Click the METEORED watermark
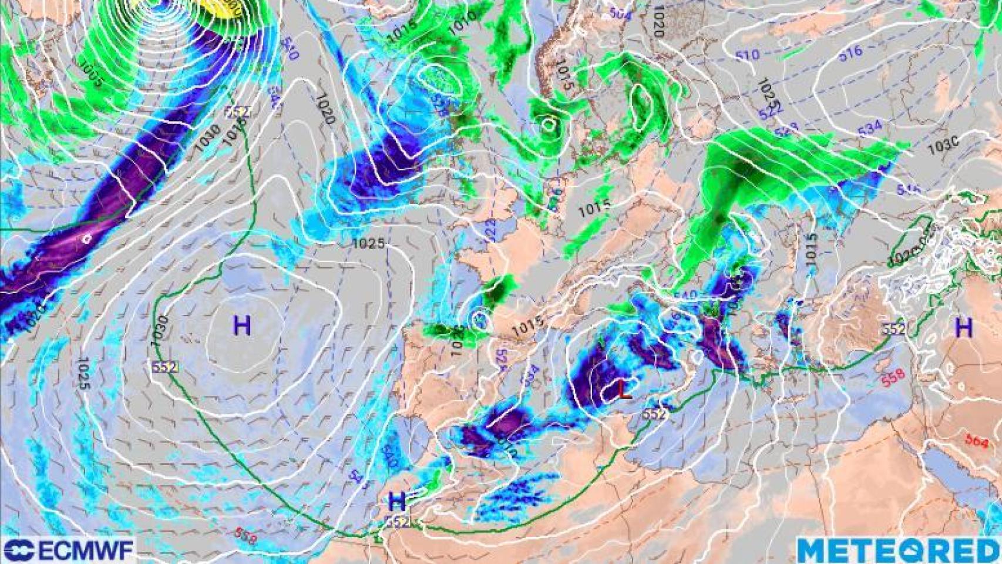(898, 551)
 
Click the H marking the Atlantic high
(242, 325)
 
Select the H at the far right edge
(964, 327)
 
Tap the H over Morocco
(398, 501)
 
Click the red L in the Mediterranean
(624, 391)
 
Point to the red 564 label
(976, 441)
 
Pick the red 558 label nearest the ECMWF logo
(245, 534)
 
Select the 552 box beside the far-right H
(893, 330)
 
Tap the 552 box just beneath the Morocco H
(398, 521)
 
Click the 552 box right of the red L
(654, 414)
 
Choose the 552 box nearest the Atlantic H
(165, 367)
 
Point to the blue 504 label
(619, 14)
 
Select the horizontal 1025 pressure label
(368, 243)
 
